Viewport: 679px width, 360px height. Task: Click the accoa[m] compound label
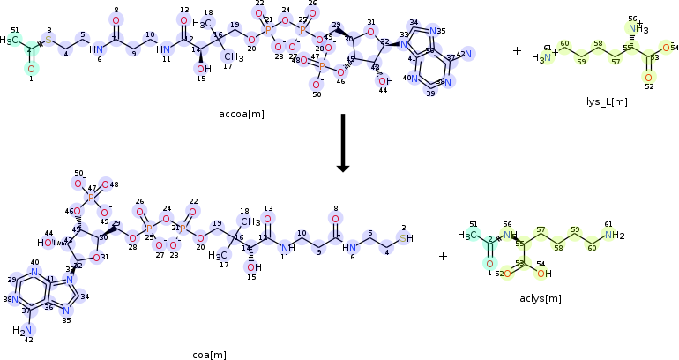coord(242,114)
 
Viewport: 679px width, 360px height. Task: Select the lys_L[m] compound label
coord(608,101)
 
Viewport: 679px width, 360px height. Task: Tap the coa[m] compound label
coord(210,354)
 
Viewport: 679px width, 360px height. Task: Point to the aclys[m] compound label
coord(541,298)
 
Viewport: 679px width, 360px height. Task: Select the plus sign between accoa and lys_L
coord(517,50)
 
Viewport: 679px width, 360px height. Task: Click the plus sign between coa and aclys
coord(443,256)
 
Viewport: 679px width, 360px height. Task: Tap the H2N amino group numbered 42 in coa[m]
coord(21,330)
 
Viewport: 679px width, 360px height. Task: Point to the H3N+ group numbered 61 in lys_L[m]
coord(542,58)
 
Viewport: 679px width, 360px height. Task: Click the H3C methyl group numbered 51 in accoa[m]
coord(10,41)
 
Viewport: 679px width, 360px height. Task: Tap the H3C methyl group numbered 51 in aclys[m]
coord(468,235)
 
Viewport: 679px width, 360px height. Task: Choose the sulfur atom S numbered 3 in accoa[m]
coord(49,41)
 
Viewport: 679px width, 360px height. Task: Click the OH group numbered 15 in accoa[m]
coord(203,69)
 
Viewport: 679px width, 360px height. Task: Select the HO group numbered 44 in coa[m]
coord(46,243)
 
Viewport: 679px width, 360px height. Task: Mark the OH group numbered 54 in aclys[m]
coord(543,274)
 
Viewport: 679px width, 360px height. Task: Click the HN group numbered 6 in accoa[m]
coord(96,49)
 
